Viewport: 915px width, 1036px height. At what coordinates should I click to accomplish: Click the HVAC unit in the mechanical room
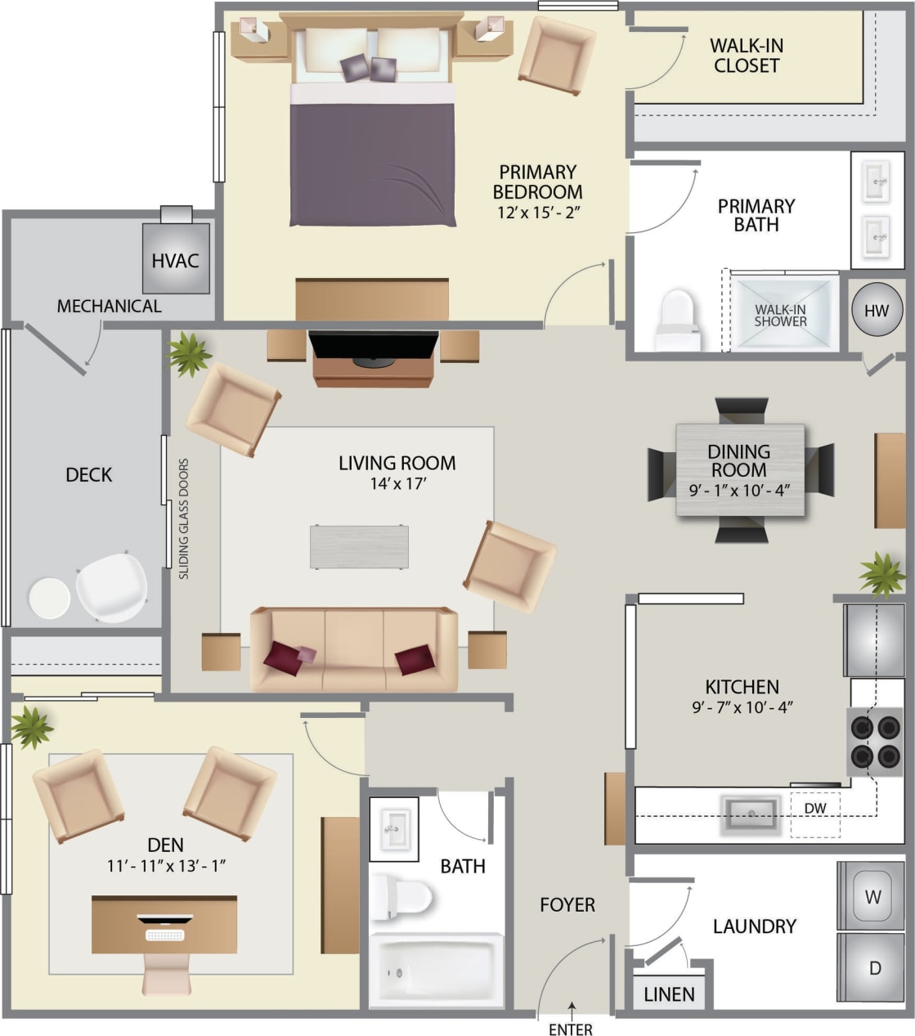[x=176, y=258]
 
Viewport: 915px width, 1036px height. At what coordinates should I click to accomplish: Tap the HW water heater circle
[x=877, y=311]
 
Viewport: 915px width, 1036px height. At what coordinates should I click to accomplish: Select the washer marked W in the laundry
[x=872, y=896]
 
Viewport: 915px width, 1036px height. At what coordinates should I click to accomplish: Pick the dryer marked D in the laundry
[x=873, y=968]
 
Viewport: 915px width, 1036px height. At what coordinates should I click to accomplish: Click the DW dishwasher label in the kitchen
[x=814, y=809]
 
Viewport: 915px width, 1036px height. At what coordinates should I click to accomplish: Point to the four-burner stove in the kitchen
[x=874, y=741]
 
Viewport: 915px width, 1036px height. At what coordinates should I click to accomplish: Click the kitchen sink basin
[x=750, y=814]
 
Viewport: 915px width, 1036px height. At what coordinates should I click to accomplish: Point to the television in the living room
[x=373, y=346]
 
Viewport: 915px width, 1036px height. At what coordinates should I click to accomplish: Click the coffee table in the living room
[x=359, y=547]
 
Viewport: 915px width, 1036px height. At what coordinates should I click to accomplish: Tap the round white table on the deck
[x=50, y=598]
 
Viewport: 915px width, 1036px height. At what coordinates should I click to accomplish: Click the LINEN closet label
[x=669, y=994]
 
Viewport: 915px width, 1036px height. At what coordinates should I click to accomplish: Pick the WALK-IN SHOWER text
[x=780, y=316]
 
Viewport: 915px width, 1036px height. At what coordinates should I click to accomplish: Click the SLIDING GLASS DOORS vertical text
[x=184, y=518]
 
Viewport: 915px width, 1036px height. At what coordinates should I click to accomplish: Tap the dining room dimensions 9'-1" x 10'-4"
[x=739, y=491]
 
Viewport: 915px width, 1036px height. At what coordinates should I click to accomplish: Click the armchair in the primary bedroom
[x=556, y=54]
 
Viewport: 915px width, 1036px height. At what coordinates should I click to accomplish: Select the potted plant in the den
[x=31, y=726]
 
